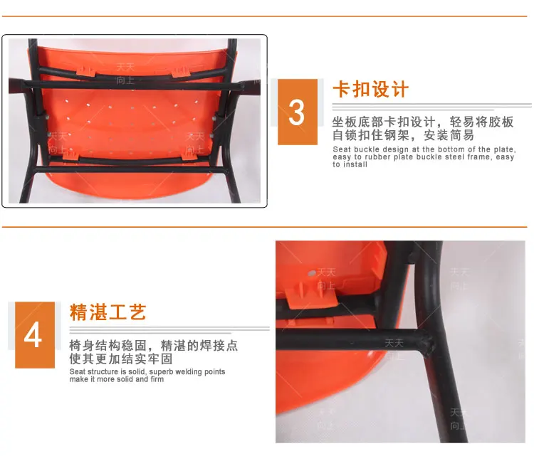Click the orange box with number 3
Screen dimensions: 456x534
(297, 112)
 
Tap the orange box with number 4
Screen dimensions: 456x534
(34, 335)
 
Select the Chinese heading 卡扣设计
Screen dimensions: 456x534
(371, 90)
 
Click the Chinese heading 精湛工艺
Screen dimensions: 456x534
(108, 312)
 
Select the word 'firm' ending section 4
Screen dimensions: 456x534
(156, 380)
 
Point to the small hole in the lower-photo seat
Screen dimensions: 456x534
(311, 272)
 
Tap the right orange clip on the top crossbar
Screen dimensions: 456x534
(181, 70)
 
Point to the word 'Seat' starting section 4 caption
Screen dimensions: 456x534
(78, 372)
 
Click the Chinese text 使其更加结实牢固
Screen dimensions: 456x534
(121, 359)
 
